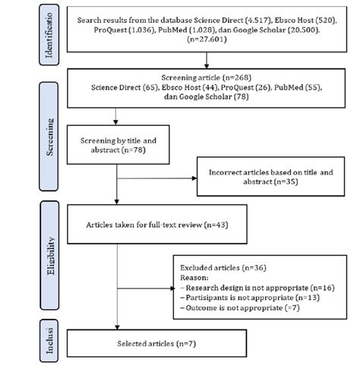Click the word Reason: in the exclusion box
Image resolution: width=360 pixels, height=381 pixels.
coord(194,279)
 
